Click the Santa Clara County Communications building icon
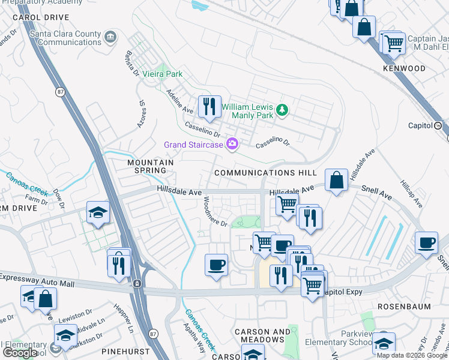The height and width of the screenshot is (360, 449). click(110, 38)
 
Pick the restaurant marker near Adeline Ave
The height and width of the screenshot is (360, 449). click(209, 107)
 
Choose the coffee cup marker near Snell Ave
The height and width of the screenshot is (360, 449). click(427, 243)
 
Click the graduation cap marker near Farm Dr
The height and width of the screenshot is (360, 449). click(98, 212)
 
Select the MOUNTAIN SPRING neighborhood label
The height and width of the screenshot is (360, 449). click(150, 167)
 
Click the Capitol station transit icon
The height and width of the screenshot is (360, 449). click(438, 126)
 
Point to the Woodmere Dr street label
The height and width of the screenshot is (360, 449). click(215, 212)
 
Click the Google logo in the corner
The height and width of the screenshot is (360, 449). click(20, 353)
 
